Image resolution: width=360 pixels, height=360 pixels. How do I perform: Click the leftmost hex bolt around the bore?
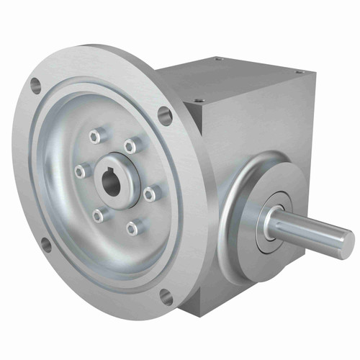tap(79, 171)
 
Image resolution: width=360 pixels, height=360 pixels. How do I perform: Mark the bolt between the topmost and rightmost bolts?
tap(131, 146)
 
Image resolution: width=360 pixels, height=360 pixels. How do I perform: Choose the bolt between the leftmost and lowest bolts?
tap(98, 215)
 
